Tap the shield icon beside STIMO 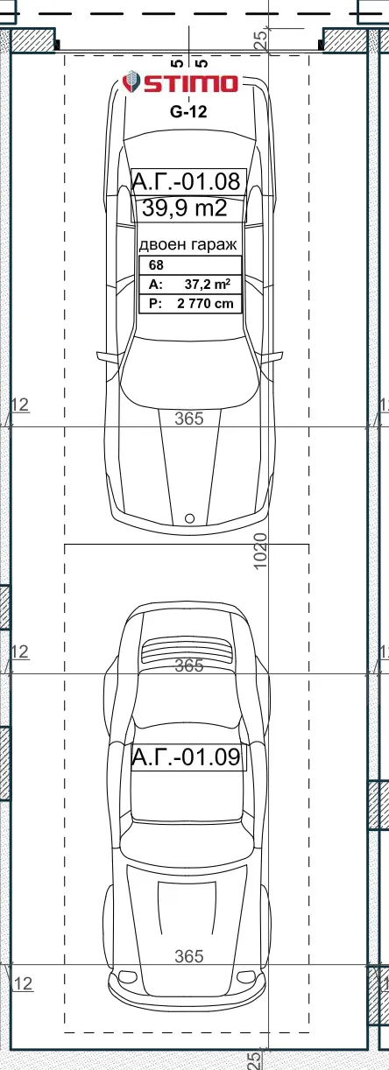[x=131, y=82]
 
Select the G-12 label [x=188, y=112]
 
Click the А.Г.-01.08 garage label [x=186, y=181]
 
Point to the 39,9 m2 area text [x=185, y=208]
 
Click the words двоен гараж [x=187, y=245]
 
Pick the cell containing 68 [x=190, y=265]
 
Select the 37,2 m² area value [x=208, y=285]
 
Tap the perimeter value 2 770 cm [x=206, y=303]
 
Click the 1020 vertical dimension [x=260, y=552]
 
